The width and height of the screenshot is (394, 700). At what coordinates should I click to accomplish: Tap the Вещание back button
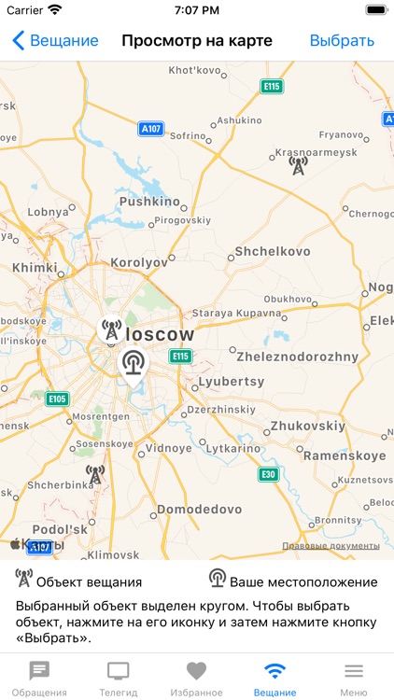56,40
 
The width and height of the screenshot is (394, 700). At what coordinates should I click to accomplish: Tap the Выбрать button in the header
342,40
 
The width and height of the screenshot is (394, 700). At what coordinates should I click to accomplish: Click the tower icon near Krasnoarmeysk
298,166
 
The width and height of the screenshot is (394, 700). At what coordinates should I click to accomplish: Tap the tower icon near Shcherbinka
94,475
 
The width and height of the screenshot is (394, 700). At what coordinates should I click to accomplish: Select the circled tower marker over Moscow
110,330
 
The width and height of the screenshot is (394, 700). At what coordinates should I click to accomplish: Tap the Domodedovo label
199,510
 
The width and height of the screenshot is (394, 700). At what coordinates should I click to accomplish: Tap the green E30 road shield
269,474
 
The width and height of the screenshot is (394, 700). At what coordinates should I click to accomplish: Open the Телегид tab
119,679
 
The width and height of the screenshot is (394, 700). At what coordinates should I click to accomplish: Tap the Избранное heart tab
196,679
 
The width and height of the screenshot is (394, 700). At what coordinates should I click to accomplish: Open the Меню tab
353,679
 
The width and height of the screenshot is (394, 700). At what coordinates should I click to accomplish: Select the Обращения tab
39,679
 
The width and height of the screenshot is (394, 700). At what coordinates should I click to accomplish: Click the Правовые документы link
331,546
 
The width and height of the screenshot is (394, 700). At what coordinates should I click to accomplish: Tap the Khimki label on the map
35,267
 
